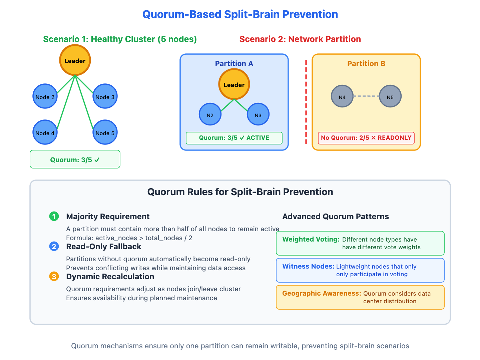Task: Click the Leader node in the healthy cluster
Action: [x=75, y=60]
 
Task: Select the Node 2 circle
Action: [x=45, y=96]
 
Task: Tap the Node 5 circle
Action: [x=105, y=132]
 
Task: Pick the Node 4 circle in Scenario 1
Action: [x=45, y=132]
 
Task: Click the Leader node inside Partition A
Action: [x=234, y=84]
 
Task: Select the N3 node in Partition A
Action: [x=258, y=114]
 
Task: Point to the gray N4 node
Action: [x=342, y=97]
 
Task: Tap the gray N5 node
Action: [x=390, y=97]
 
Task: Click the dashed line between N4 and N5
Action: [x=366, y=96]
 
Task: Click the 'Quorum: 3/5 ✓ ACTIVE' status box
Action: [x=234, y=138]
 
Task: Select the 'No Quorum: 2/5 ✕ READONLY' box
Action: [x=366, y=138]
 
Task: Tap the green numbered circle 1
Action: [x=54, y=217]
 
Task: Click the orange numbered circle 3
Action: [x=54, y=277]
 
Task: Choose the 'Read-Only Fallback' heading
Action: [x=103, y=247]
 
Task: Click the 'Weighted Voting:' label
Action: [x=311, y=239]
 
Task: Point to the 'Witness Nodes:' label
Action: [x=308, y=266]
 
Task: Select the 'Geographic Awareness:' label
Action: [x=322, y=293]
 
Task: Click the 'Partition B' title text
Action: [x=366, y=63]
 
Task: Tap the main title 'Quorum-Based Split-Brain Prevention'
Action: [x=240, y=14]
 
